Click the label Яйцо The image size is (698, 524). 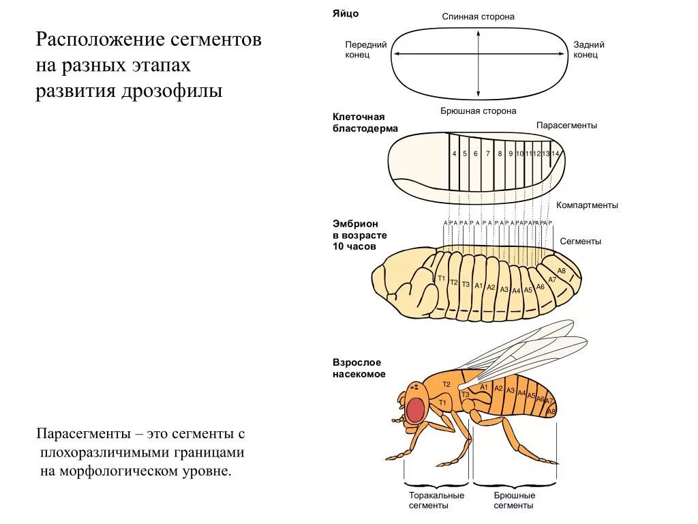346,14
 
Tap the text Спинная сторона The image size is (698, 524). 478,16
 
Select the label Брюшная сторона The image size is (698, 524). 478,111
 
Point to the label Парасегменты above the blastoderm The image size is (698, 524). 566,126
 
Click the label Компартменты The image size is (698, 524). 587,205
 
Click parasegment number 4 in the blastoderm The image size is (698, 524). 455,154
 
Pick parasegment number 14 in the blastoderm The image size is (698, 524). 556,154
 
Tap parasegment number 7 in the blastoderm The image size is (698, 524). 488,154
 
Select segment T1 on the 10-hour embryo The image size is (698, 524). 441,278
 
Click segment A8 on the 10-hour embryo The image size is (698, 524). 562,271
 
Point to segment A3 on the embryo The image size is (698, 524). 504,289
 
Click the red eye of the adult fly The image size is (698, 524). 416,409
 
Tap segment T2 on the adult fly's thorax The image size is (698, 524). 446,385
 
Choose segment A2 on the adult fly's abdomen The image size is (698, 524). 498,389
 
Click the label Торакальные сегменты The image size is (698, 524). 436,500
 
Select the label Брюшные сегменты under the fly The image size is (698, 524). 514,500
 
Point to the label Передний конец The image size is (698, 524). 365,49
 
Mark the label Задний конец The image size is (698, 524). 589,49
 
